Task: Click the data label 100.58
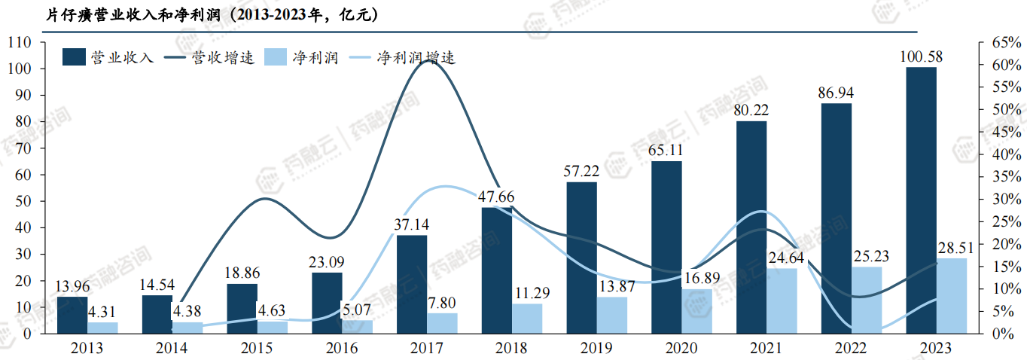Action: tap(921, 57)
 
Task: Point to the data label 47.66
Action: tap(497, 197)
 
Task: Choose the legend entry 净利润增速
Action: tap(416, 57)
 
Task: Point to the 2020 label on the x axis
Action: tap(667, 348)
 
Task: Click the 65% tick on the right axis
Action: tap(1001, 43)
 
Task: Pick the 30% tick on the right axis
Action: tap(1001, 199)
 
